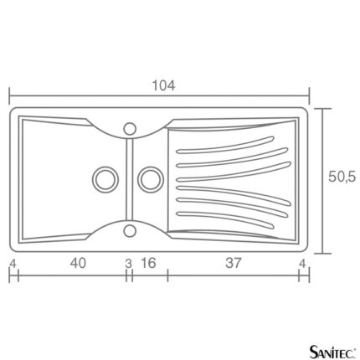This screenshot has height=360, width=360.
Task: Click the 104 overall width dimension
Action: [x=163, y=85]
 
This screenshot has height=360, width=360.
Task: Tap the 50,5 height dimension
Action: [x=342, y=177]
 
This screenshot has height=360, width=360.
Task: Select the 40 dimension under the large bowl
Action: [x=78, y=263]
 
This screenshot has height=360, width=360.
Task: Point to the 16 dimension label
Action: [x=148, y=263]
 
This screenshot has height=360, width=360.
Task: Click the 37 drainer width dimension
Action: [x=233, y=263]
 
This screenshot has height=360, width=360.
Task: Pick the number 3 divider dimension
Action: [x=128, y=264]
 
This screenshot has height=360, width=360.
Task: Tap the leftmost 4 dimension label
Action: [x=13, y=264]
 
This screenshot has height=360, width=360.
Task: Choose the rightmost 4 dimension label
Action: [x=302, y=264]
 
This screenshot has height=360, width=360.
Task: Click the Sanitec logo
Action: [x=333, y=352]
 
